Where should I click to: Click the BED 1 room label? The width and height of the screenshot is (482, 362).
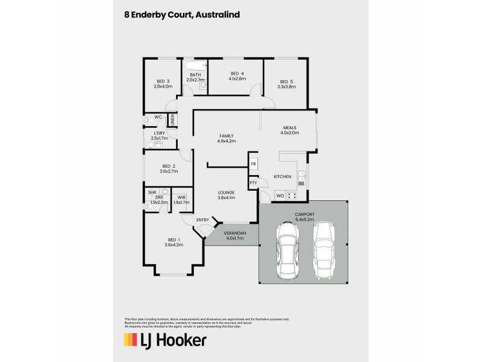pyautogui.click(x=174, y=240)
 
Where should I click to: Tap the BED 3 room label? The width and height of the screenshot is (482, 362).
pyautogui.click(x=163, y=81)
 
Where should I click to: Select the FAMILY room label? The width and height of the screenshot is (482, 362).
pyautogui.click(x=226, y=136)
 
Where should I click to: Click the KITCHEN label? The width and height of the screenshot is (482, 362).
pyautogui.click(x=283, y=177)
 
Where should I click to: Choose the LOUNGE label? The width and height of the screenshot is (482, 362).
pyautogui.click(x=226, y=192)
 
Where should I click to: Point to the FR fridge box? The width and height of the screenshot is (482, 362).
pyautogui.click(x=254, y=164)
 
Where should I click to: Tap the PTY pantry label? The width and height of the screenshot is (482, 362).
pyautogui.click(x=253, y=183)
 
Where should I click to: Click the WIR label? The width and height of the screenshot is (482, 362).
pyautogui.click(x=181, y=198)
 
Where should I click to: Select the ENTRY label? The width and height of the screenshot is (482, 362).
pyautogui.click(x=202, y=220)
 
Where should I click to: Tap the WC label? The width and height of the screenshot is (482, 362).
pyautogui.click(x=158, y=117)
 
